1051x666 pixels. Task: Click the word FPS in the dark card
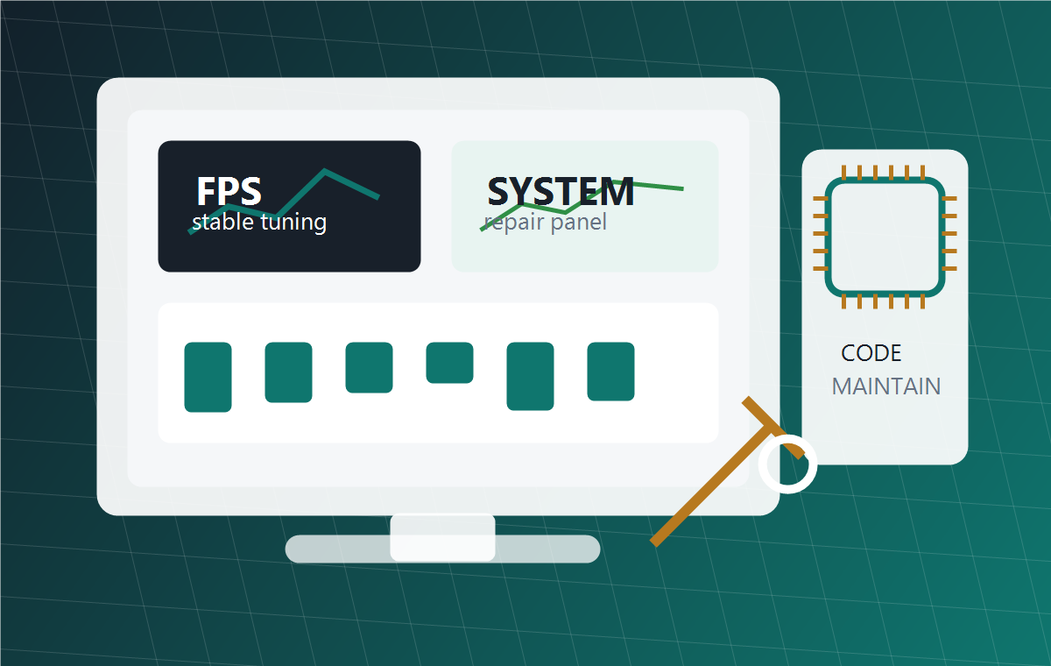229,191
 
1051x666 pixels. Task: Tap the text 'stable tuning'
259,222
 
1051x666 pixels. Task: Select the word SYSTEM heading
561,191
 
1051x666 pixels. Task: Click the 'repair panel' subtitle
545,222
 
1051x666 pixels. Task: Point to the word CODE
871,353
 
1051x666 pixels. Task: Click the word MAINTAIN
886,386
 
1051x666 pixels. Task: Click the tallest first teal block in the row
208,378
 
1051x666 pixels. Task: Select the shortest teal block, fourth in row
449,363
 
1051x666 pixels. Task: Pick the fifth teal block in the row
530,377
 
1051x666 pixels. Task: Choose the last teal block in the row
611,372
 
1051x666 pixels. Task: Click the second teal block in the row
288,372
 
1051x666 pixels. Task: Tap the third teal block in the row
370,367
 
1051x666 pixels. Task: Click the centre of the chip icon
885,237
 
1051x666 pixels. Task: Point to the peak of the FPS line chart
325,171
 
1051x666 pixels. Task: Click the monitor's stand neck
442,538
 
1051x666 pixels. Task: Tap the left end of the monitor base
287,549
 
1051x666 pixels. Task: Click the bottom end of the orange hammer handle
654,543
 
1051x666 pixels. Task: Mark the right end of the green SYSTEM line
683,188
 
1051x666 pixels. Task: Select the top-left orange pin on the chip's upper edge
843,173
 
